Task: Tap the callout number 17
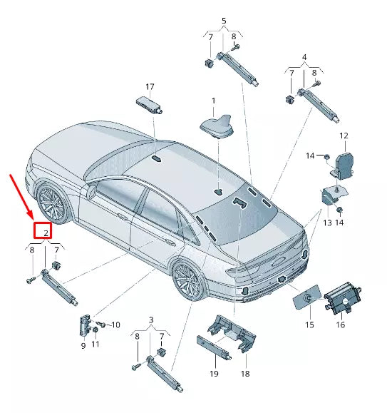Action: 150,85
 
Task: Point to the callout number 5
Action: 223,21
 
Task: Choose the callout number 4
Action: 304,56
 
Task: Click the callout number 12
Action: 344,136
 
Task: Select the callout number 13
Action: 327,223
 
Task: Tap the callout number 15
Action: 309,325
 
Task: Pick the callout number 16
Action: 341,325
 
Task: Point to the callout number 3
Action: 150,319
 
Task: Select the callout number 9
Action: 83,346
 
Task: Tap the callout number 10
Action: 116,325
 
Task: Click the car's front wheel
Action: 52,203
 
